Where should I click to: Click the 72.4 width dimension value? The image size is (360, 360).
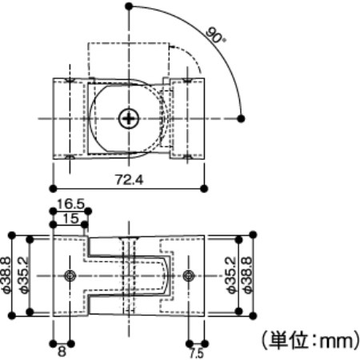129,180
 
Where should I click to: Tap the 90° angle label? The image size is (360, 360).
216,34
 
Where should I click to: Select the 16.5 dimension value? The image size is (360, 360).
70,204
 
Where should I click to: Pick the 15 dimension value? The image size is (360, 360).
70,218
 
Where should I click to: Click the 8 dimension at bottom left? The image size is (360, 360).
62,351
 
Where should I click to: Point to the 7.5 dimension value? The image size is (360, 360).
197,354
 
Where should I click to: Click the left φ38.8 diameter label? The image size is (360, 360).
6,275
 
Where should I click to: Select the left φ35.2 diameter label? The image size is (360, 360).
24,275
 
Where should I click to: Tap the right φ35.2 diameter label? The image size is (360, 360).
231,275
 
